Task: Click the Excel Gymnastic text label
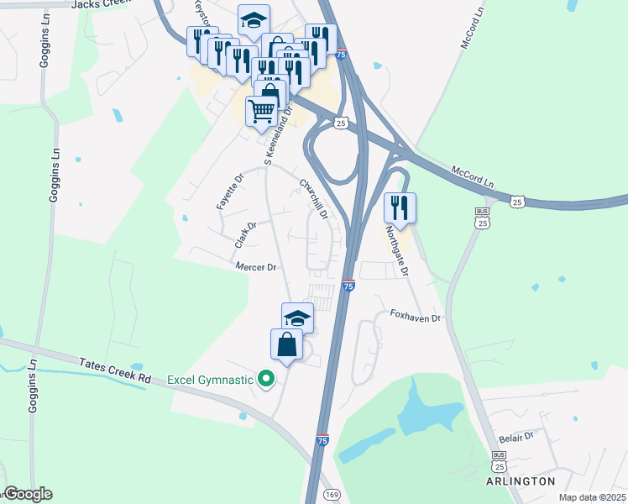210,380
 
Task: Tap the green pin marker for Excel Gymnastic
267,380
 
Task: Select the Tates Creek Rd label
115,372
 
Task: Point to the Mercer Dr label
256,267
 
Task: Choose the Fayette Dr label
228,192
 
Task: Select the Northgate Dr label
396,251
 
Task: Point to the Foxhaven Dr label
416,318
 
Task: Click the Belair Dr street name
515,437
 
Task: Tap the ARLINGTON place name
521,481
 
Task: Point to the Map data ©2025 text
591,497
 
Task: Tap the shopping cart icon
262,110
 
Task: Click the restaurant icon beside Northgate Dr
400,208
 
